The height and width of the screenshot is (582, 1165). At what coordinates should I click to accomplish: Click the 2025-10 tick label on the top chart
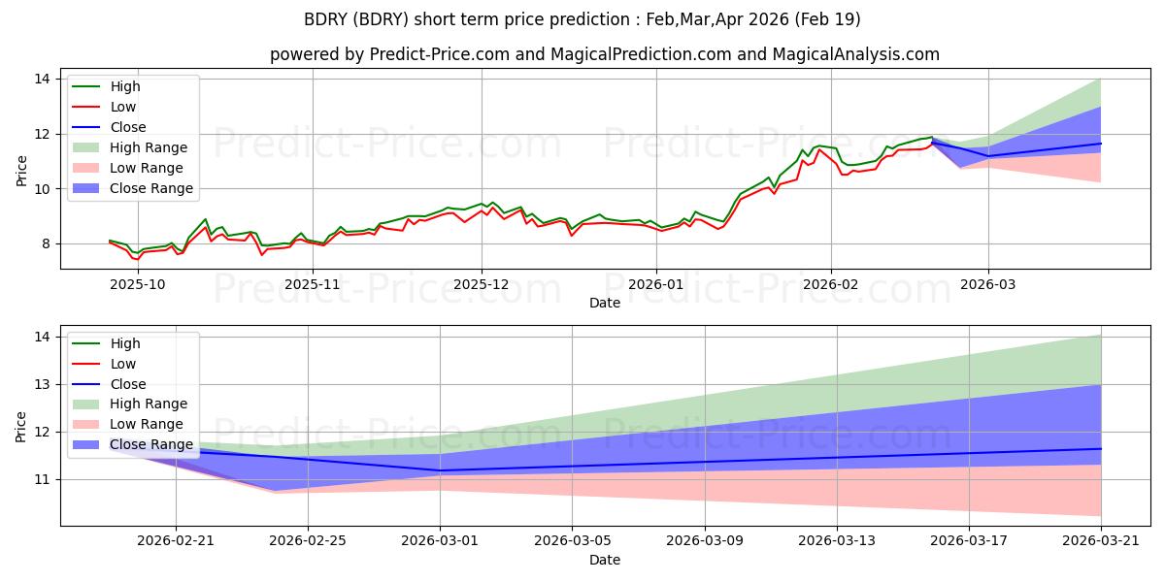point(138,285)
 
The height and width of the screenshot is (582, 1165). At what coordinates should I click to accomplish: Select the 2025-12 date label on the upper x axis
point(482,285)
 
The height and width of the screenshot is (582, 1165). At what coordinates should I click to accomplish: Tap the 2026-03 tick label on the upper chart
point(987,285)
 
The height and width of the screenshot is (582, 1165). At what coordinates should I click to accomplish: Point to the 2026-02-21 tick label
point(176,541)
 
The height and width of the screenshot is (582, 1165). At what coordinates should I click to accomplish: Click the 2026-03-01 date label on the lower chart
point(440,541)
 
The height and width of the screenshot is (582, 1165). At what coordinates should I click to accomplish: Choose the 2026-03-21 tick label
point(1101,541)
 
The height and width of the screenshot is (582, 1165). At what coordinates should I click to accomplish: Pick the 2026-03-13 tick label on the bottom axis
point(837,541)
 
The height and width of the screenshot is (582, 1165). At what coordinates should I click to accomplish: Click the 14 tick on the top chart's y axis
point(42,79)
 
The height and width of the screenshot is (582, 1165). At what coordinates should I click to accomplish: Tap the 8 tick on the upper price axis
point(46,243)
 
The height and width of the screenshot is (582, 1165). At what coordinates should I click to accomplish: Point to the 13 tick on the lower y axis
point(42,384)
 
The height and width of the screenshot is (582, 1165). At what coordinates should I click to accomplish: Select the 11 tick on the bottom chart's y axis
point(42,479)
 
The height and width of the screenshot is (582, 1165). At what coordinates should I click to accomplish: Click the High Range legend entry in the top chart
point(129,147)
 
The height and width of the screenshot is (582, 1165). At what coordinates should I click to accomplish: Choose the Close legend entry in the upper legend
point(109,127)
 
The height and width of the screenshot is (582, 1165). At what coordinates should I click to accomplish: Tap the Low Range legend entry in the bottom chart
point(127,424)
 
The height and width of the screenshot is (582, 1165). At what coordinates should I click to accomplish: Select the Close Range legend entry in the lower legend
point(133,445)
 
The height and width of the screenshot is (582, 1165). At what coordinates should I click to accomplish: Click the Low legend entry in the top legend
point(104,107)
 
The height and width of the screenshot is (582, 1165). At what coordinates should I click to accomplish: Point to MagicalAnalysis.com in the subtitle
point(855,54)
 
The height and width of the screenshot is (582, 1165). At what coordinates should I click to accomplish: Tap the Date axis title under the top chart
point(604,303)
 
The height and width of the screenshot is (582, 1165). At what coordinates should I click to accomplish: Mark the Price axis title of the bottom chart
point(20,427)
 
